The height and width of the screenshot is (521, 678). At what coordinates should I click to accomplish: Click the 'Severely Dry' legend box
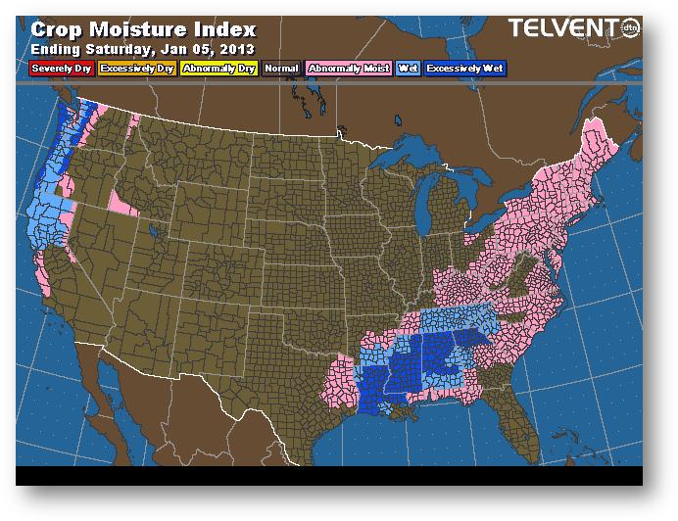click(61, 70)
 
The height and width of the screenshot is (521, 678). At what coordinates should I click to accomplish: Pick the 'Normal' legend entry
click(281, 70)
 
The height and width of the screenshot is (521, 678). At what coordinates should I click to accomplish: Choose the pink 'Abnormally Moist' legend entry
click(348, 70)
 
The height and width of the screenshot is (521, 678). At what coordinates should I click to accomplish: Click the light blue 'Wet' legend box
click(408, 70)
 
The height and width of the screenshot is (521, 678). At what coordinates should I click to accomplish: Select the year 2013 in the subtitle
click(235, 48)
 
